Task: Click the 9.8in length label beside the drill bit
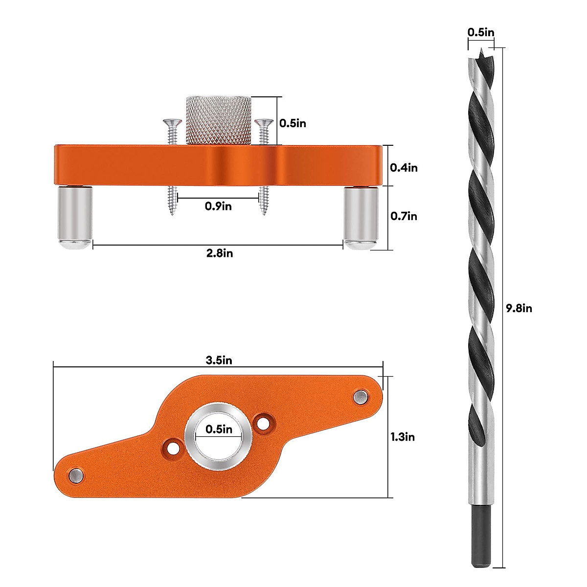coord(519,308)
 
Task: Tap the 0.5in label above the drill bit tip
coord(480,32)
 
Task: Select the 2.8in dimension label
coord(219,253)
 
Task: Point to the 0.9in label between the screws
coord(218,206)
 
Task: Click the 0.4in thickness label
coord(404,167)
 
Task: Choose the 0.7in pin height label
coord(404,216)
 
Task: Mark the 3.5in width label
coord(219,361)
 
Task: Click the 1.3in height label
coord(402,437)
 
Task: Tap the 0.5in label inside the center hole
coord(219,429)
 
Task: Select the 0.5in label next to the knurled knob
coord(293,123)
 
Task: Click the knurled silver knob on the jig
coord(219,120)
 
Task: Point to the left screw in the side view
coord(171,166)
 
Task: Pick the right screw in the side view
coord(264,166)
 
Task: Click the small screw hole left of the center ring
coord(172,448)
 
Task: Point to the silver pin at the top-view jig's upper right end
coord(361,396)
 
